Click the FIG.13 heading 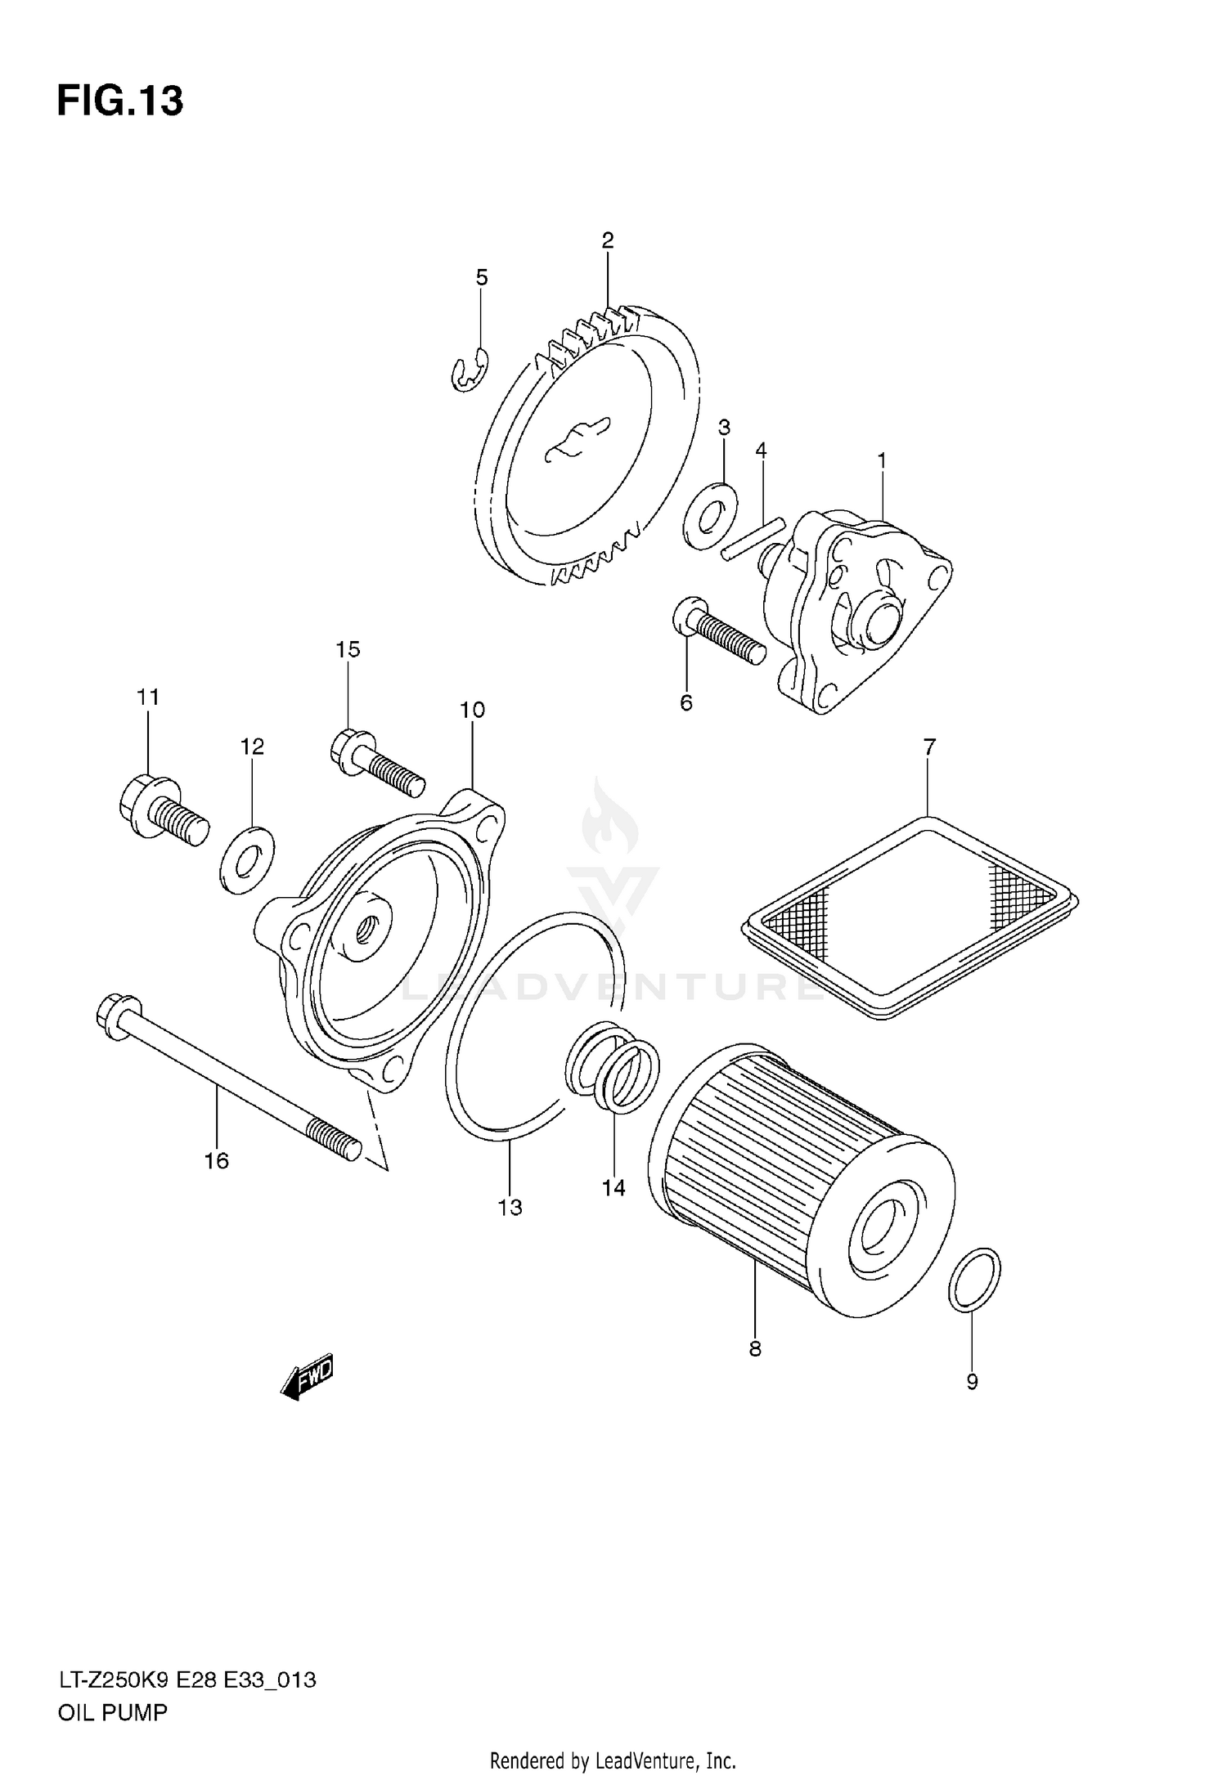pyautogui.click(x=120, y=101)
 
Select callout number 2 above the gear pyautogui.click(x=607, y=240)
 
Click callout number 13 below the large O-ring pyautogui.click(x=510, y=1207)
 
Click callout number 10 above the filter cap pyautogui.click(x=472, y=710)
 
